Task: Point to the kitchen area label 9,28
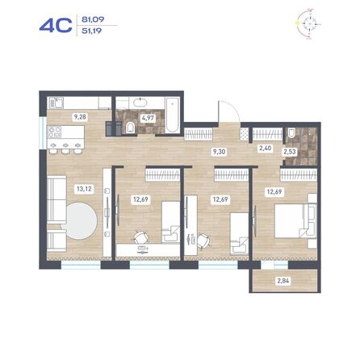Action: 80,118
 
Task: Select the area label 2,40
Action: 265,148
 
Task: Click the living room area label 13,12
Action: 82,190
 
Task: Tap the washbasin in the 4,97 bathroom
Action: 138,103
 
